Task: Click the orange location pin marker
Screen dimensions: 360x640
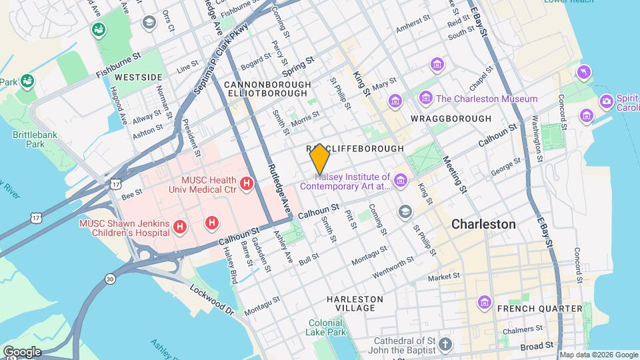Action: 320,159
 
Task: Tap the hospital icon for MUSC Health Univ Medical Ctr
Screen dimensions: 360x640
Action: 246,183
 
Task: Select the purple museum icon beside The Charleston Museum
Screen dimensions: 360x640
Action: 426,99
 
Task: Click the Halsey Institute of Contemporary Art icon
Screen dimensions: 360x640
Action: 400,181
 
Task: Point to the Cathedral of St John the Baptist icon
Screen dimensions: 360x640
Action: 445,345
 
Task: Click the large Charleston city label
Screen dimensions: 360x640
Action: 483,224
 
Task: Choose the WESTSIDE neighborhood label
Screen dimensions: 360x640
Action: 139,77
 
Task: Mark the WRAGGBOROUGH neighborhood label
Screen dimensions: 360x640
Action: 451,119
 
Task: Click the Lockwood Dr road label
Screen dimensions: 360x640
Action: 211,301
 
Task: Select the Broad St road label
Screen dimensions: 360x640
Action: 537,346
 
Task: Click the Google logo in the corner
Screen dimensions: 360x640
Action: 22,351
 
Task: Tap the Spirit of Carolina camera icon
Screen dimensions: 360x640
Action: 607,101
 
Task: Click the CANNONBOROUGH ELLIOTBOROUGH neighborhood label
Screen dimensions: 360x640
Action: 267,90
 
